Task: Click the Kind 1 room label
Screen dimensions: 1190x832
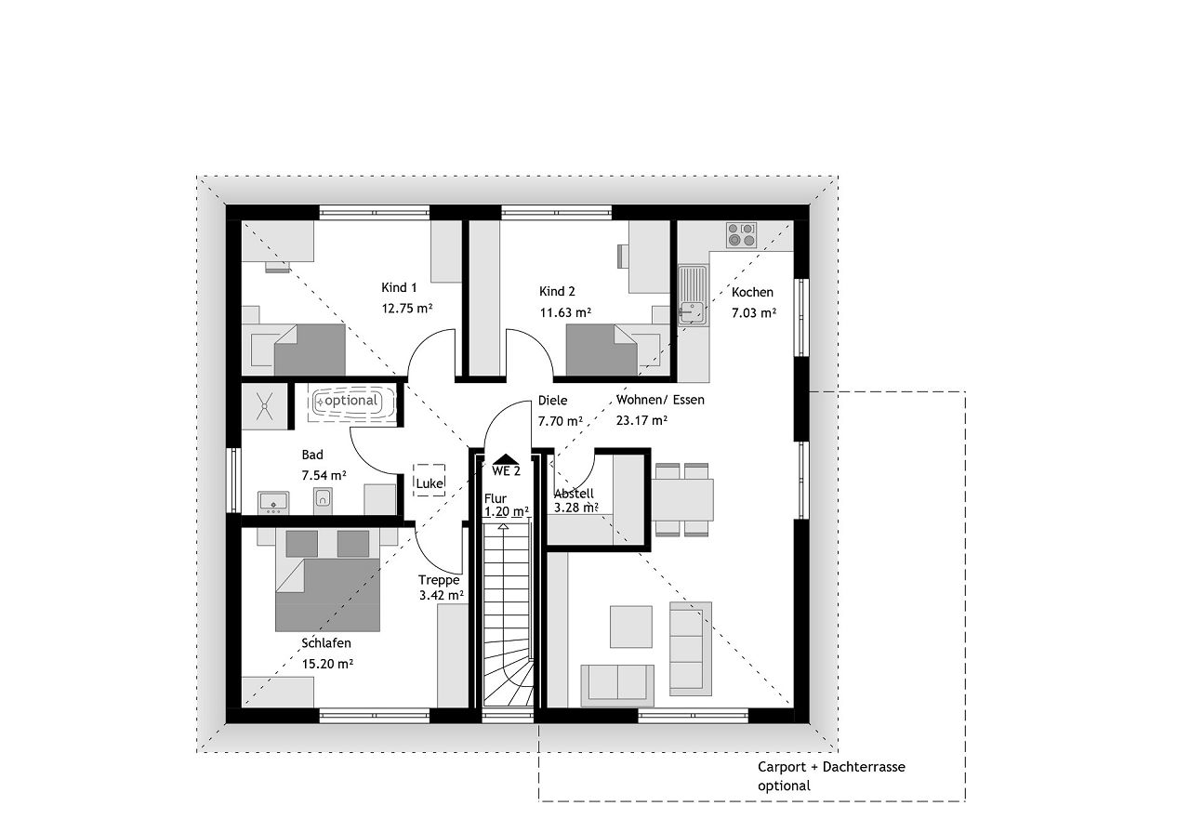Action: (x=399, y=288)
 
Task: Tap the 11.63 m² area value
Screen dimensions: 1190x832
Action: (x=566, y=312)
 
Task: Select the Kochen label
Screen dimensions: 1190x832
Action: (x=752, y=292)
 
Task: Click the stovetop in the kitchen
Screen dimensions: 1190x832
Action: (x=742, y=235)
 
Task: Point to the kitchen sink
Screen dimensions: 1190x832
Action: (x=693, y=295)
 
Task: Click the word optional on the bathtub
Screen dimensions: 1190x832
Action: (x=351, y=400)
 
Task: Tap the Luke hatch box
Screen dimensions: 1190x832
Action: (x=430, y=481)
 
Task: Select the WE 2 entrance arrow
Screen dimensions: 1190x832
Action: (x=507, y=459)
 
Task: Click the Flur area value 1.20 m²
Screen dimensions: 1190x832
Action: (x=507, y=511)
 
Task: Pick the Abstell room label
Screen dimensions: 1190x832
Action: (x=574, y=494)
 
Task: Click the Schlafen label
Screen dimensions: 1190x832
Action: (x=326, y=643)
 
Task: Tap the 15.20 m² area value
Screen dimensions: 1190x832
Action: (x=328, y=664)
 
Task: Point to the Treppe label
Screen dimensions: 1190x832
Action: (x=438, y=580)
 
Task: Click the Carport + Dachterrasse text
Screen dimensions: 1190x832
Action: (x=831, y=767)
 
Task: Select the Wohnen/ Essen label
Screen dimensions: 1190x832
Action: (x=660, y=400)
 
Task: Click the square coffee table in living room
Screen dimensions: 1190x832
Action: (x=631, y=627)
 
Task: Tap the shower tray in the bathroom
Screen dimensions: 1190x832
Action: (x=265, y=406)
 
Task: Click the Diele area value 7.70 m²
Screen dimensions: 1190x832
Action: (x=561, y=421)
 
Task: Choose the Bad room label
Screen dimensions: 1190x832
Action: (x=312, y=455)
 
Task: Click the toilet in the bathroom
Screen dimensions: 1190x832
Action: (x=323, y=499)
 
